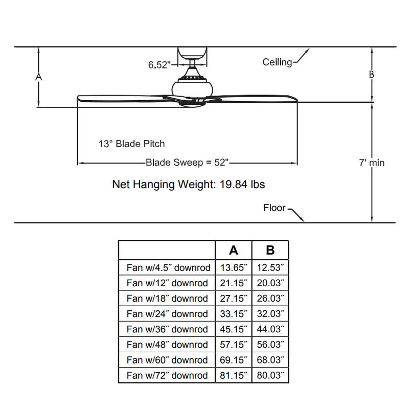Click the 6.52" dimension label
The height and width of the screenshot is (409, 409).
coord(159,64)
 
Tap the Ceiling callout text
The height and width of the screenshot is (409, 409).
coord(277,62)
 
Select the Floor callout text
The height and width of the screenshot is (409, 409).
coord(275,208)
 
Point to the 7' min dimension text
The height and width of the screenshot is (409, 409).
coord(371,163)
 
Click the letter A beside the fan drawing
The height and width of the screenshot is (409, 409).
coord(38,77)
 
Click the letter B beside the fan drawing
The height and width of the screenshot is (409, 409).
coord(372,75)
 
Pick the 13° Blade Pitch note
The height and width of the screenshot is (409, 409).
coord(132,144)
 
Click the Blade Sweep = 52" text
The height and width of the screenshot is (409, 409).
coord(187,163)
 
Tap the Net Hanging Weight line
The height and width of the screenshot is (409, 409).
coord(188,185)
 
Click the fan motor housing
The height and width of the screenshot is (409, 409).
coord(192,87)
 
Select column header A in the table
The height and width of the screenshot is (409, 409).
coord(234,250)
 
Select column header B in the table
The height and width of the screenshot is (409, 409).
coord(270,250)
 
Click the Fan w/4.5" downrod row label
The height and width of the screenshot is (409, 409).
coord(167,268)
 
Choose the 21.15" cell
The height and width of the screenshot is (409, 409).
coord(234,283)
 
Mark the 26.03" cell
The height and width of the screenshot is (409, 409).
coord(270,299)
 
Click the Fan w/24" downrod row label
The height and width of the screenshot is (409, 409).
coord(167,314)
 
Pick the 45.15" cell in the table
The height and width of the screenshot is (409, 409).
coord(234,329)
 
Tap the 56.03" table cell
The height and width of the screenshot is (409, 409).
coord(270,345)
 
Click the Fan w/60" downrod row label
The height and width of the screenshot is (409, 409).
coord(167,360)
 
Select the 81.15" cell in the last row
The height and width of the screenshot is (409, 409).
coord(234,375)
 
